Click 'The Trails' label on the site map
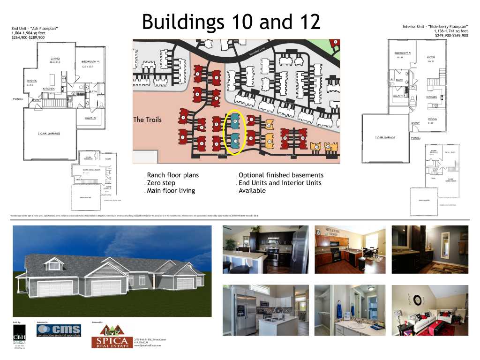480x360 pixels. tap(147, 120)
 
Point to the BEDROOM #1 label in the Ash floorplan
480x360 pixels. tap(90, 62)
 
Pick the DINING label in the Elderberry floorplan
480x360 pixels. tap(432, 119)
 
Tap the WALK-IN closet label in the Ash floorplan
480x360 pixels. tap(90, 118)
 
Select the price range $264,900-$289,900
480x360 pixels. tap(28, 37)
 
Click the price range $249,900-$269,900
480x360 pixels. tap(451, 36)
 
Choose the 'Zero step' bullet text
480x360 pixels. tap(161, 183)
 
